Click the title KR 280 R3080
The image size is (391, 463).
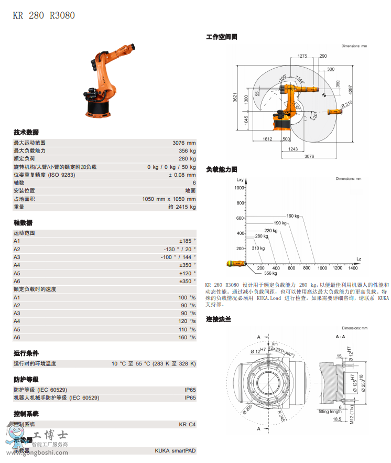click(44, 15)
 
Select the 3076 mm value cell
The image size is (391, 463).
click(184, 143)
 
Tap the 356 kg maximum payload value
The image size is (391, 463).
click(187, 150)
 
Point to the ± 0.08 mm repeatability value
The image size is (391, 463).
click(182, 175)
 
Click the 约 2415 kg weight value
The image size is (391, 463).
click(182, 207)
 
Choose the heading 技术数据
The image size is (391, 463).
click(26, 132)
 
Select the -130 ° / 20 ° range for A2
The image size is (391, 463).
click(179, 249)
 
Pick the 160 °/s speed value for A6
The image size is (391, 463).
click(187, 337)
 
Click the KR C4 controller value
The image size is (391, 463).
click(187, 424)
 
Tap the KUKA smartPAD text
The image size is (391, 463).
click(175, 450)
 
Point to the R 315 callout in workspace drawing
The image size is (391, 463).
click(347, 105)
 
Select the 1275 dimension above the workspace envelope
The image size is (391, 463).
click(302, 56)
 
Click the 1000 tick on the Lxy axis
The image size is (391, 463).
click(240, 187)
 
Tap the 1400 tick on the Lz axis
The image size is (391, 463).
click(353, 268)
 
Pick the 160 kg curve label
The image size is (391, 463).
click(293, 216)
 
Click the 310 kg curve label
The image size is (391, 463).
click(258, 248)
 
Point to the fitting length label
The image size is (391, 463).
click(330, 412)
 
